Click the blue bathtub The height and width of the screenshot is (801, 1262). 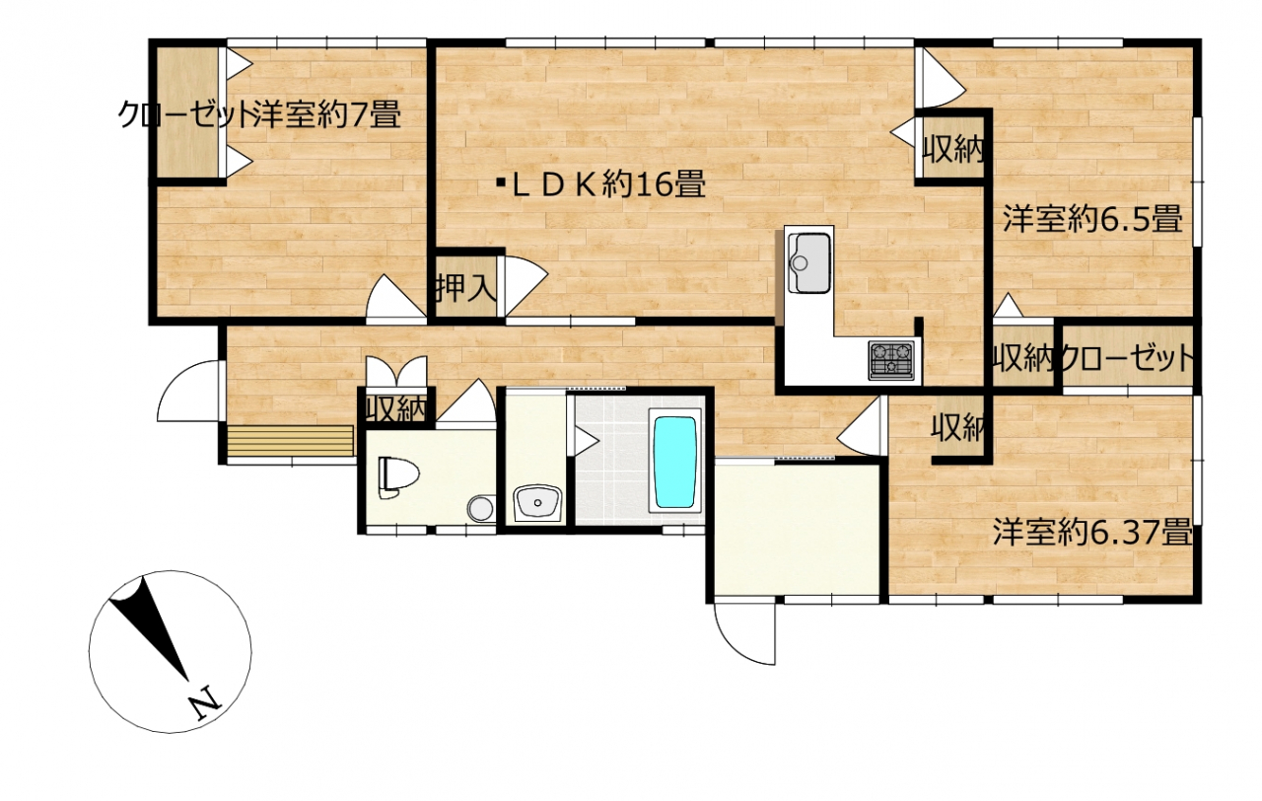pos(674,461)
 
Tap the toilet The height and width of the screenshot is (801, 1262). pos(399,476)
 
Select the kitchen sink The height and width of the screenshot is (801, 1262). pos(809,262)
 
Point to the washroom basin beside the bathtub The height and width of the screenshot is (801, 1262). pos(536,503)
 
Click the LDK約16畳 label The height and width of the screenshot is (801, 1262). pos(600,184)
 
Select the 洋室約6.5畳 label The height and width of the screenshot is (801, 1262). pos(1092,219)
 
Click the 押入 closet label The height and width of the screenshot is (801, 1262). pos(466,286)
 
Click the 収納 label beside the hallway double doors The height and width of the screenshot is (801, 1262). pos(396,408)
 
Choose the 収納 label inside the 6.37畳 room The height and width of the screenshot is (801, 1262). pos(957,427)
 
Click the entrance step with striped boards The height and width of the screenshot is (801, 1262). pos(290,440)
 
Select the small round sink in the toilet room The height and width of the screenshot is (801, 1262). pos(480,508)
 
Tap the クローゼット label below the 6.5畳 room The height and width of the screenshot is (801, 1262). pos(1127,357)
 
